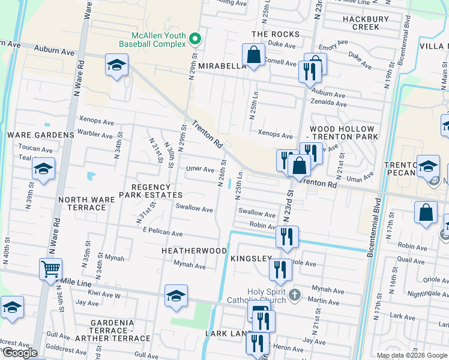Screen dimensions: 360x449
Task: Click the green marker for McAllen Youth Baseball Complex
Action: tap(194, 40)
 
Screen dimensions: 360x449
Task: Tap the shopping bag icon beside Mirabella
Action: tap(254, 55)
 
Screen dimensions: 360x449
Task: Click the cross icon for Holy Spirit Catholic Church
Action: tap(294, 295)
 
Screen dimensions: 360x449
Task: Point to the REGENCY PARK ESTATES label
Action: tap(151, 191)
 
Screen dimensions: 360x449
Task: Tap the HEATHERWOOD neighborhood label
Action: tap(194, 250)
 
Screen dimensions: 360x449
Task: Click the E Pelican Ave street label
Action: tap(162, 232)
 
